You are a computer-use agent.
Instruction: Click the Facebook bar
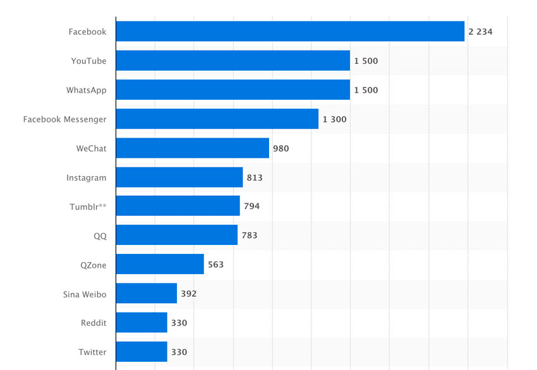click(x=290, y=32)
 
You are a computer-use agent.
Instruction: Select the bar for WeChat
click(x=193, y=148)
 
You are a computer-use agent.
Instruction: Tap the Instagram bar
click(x=179, y=177)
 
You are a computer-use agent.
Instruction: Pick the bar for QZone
click(x=160, y=265)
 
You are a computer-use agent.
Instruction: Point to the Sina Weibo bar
click(x=147, y=294)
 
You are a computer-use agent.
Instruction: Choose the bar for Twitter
click(x=142, y=352)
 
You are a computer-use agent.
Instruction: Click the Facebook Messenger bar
click(x=217, y=119)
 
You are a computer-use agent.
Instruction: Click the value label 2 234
click(x=480, y=32)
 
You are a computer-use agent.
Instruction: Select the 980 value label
click(x=281, y=148)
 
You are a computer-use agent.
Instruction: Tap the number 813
click(x=255, y=177)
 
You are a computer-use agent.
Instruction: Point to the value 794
click(x=251, y=206)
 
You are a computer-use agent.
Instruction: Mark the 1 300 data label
click(x=334, y=119)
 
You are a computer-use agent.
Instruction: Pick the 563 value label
click(x=215, y=265)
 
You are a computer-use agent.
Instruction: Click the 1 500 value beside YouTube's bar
click(x=366, y=61)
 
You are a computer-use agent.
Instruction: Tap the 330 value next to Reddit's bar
click(x=179, y=323)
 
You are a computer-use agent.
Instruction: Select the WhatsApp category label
click(x=86, y=90)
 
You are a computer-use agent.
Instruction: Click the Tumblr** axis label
click(x=88, y=206)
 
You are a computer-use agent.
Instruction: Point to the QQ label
click(x=100, y=236)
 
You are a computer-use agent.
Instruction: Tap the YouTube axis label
click(x=88, y=61)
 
